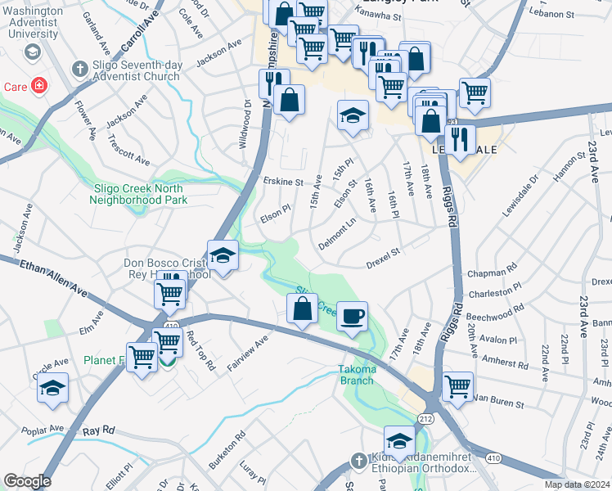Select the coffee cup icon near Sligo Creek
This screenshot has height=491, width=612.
tap(352, 317)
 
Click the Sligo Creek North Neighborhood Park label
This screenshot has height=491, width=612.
tap(140, 193)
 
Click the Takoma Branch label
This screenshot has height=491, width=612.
tap(357, 374)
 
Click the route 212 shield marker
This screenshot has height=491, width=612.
tap(425, 418)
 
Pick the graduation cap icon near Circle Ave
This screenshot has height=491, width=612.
tap(53, 388)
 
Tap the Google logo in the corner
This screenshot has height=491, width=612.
tap(27, 481)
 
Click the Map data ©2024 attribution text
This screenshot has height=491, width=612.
tap(577, 484)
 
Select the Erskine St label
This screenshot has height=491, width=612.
tap(283, 181)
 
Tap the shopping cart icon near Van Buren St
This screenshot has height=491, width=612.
tap(457, 385)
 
